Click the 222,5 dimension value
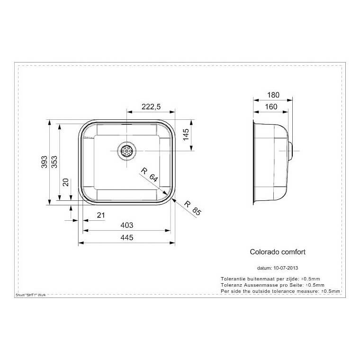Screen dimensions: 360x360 click(x=151, y=107)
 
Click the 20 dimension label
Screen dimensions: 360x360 click(x=66, y=182)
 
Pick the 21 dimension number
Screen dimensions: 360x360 click(x=100, y=216)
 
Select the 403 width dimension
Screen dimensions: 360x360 click(x=126, y=225)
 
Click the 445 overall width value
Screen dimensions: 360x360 click(x=126, y=237)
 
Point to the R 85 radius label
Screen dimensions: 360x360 click(x=191, y=208)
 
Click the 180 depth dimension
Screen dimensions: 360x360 click(x=273, y=95)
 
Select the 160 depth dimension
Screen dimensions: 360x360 click(x=270, y=107)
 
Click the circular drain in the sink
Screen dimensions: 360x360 click(x=127, y=151)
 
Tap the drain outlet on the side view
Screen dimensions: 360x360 click(x=292, y=149)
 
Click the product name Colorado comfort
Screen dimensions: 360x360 click(x=280, y=252)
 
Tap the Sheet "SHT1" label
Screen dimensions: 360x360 click(x=32, y=295)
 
